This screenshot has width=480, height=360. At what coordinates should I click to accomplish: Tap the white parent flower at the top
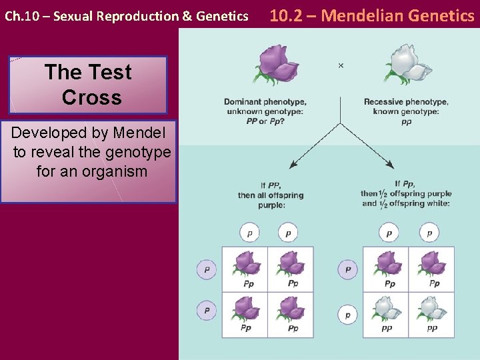(x=407, y=64)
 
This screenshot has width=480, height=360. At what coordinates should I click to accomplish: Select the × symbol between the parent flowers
(x=341, y=65)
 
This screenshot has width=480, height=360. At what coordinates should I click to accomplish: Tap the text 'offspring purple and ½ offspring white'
(x=406, y=198)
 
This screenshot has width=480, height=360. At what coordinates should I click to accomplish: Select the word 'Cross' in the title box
(x=91, y=97)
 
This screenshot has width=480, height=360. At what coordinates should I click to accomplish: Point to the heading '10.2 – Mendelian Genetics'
(x=371, y=15)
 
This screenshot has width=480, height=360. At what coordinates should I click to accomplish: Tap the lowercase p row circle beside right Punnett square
(x=347, y=315)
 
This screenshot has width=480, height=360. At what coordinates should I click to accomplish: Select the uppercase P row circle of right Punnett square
(x=347, y=270)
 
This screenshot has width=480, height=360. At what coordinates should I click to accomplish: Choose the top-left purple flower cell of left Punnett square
(x=245, y=269)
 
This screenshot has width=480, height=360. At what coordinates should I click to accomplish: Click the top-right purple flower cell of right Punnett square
(x=431, y=269)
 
